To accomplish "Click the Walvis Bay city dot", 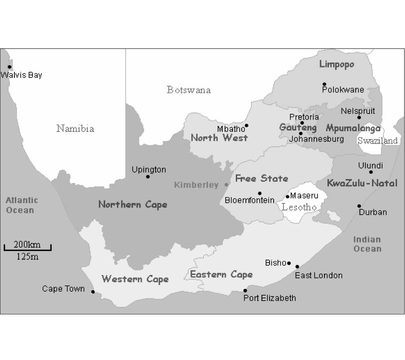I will click(x=9, y=67).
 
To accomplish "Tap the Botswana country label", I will click(x=189, y=90).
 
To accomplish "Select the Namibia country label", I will click(x=75, y=129).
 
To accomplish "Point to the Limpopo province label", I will click(x=337, y=64).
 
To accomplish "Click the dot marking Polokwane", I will click(x=324, y=84).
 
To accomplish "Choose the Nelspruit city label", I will click(x=358, y=111).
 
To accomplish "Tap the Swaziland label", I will click(x=378, y=140).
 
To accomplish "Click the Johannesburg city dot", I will click(x=301, y=133).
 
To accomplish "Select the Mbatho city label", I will click(x=230, y=129).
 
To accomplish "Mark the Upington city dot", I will click(x=148, y=176).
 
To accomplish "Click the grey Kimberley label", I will click(x=196, y=185).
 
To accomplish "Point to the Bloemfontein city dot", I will click(x=260, y=193).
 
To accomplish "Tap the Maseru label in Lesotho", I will click(x=304, y=196).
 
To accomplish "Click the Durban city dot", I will click(x=359, y=206).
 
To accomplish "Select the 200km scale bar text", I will click(x=27, y=245).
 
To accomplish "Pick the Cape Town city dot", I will click(x=93, y=292).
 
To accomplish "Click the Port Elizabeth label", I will click(x=270, y=298).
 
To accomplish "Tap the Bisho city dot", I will click(x=289, y=263).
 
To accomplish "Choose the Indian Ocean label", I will click(x=367, y=244).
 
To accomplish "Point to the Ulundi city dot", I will click(x=371, y=172).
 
